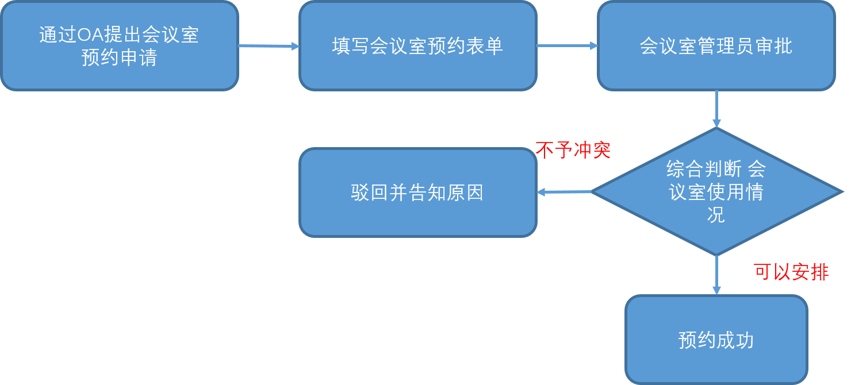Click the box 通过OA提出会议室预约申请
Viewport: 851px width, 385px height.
[x=119, y=46]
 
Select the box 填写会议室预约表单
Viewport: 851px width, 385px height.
[x=417, y=46]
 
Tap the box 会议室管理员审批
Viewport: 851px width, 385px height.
[x=716, y=46]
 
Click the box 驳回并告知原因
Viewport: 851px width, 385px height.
[x=417, y=192]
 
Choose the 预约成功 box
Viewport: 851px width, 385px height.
[x=716, y=340]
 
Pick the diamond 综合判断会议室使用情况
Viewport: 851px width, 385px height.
[x=716, y=192]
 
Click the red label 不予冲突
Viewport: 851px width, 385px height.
[x=573, y=151]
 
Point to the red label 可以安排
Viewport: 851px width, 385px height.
[x=791, y=272]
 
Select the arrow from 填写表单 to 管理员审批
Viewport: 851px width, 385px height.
[x=567, y=46]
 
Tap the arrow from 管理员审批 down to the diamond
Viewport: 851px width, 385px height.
[x=716, y=109]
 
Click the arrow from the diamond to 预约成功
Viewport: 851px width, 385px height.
[x=716, y=276]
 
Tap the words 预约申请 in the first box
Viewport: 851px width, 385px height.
[x=119, y=58]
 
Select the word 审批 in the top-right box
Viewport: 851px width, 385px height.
[x=773, y=46]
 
